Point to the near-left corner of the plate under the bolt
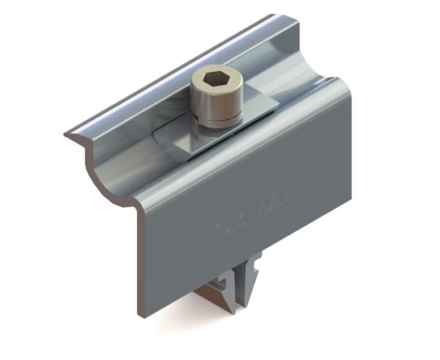154,136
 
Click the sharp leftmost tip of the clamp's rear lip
65,136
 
